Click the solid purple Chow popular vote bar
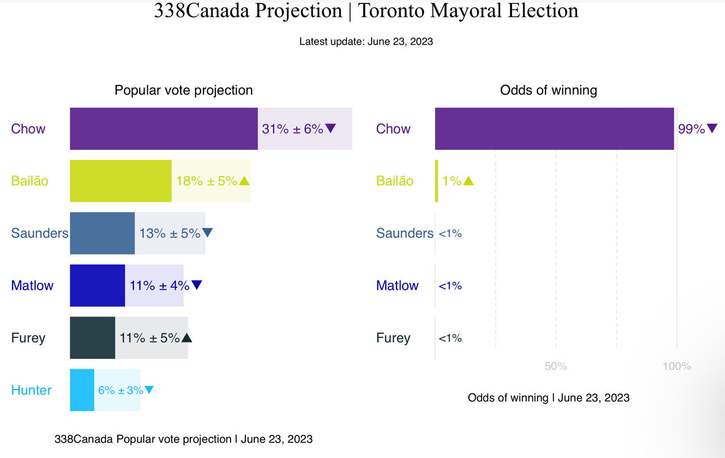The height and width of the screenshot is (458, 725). click(x=164, y=129)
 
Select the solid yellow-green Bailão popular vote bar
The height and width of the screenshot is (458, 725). click(x=121, y=181)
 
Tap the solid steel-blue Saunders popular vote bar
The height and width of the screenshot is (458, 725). click(x=103, y=233)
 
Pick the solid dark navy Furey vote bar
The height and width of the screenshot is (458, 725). click(x=92, y=338)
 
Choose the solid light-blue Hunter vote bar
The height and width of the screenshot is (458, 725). click(x=82, y=390)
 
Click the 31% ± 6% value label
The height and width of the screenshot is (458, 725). click(x=292, y=129)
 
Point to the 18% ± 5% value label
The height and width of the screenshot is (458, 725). click(x=206, y=181)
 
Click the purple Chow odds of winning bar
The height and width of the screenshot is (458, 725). click(x=554, y=129)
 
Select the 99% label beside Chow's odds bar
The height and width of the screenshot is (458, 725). click(x=691, y=129)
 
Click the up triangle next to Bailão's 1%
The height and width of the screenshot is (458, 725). click(x=468, y=181)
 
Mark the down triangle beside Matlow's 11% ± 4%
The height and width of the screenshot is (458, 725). click(x=197, y=285)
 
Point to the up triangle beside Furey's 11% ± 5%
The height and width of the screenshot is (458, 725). click(x=187, y=338)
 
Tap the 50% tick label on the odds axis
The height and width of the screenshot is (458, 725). click(x=556, y=366)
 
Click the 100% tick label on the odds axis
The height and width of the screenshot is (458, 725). click(x=677, y=366)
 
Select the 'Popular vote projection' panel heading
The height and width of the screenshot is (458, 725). click(x=184, y=90)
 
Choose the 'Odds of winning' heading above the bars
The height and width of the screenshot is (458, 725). click(x=548, y=90)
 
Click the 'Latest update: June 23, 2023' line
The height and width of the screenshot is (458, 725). click(x=366, y=41)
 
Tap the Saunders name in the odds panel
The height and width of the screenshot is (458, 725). click(x=404, y=233)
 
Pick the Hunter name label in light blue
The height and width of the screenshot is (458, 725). click(x=31, y=390)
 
